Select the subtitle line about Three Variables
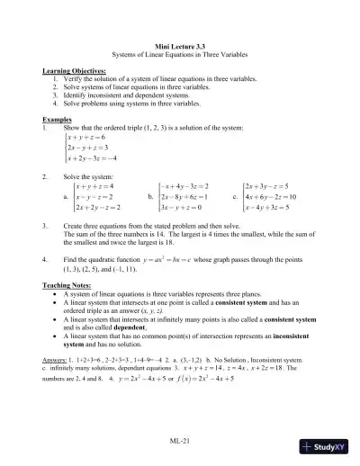point(180,54)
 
